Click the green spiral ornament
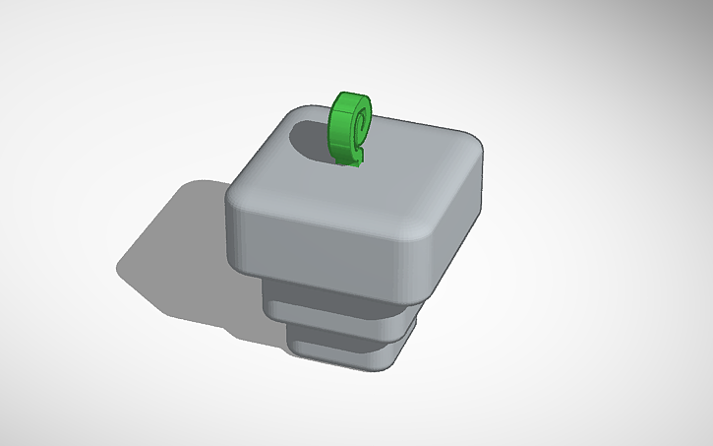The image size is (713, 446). (x=350, y=128)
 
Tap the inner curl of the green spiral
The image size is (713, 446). (x=361, y=124)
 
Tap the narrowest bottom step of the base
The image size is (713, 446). (x=339, y=351)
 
